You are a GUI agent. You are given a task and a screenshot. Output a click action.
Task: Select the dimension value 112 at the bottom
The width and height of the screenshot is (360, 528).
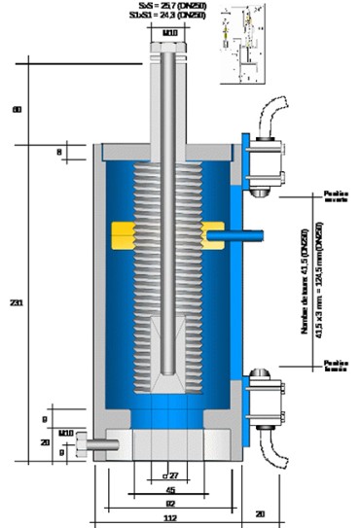[x=169, y=517]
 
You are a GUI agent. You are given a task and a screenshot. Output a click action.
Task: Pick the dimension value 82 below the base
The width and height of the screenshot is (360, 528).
[x=169, y=504]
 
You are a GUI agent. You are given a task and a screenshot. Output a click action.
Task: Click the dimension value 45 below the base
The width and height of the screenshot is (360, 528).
[x=169, y=489]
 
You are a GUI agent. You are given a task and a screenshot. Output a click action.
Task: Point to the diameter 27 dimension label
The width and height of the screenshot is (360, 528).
[x=170, y=475]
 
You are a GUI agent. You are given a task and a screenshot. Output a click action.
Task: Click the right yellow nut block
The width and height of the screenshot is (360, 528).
[x=212, y=233]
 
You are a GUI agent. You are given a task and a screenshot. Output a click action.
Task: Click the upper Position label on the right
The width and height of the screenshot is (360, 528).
[x=336, y=198]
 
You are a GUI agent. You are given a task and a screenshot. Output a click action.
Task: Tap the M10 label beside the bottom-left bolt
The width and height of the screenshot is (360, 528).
[x=66, y=431]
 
